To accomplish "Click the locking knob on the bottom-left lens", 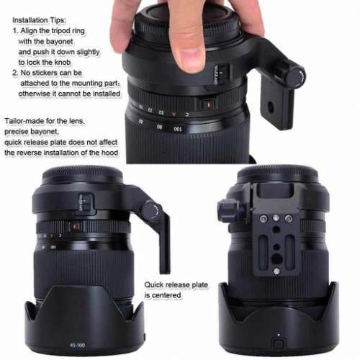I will pyautogui.click(x=151, y=210).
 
